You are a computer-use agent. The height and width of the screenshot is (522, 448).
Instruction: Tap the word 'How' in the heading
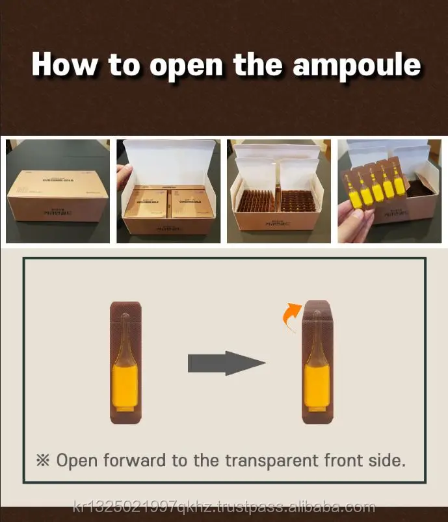coord(64,65)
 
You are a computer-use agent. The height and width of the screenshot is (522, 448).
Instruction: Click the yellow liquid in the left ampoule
coord(125,389)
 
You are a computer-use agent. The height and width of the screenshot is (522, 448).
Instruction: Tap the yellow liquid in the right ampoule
coord(317,389)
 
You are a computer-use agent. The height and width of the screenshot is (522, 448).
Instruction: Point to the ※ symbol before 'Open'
coord(43,461)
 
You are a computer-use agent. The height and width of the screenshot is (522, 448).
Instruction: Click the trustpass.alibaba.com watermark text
coord(224,508)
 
